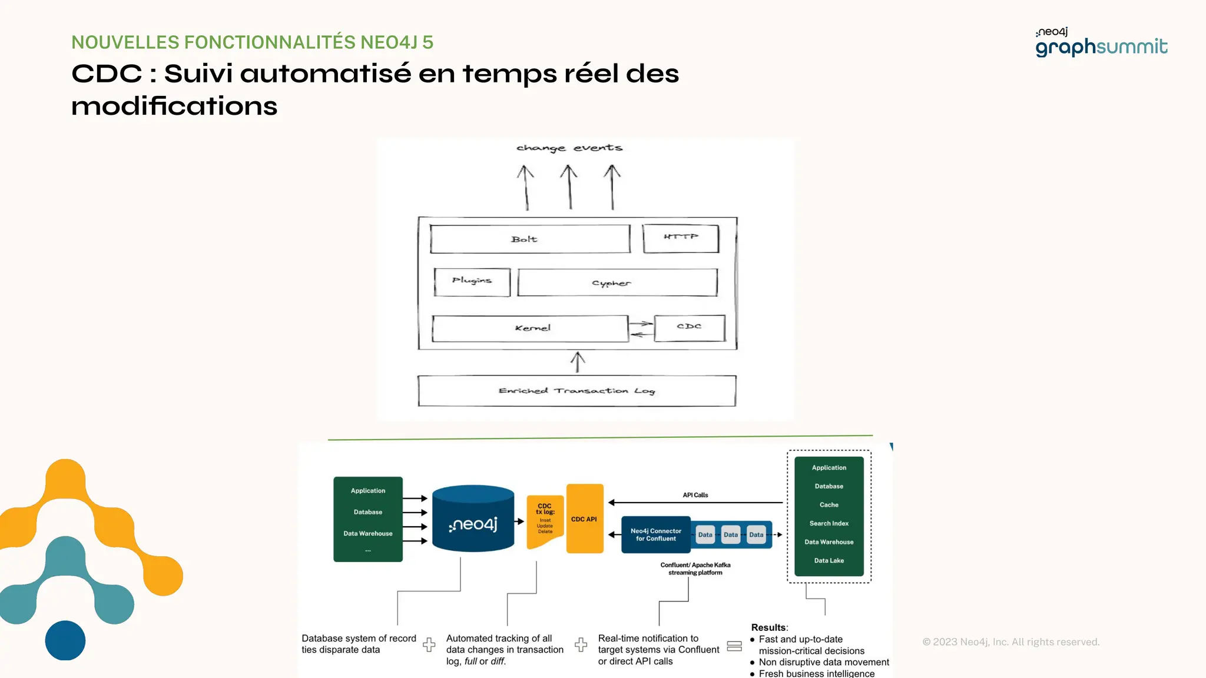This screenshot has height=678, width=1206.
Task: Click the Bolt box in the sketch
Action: [x=529, y=239]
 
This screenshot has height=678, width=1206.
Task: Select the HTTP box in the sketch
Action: [x=681, y=238]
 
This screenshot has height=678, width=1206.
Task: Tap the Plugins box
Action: [x=472, y=282]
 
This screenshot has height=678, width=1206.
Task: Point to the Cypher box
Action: [x=617, y=283]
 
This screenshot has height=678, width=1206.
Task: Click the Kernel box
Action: [x=530, y=328]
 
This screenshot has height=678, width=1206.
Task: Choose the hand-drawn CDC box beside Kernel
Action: [x=689, y=328]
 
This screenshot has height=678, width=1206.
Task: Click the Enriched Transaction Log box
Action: [x=577, y=391]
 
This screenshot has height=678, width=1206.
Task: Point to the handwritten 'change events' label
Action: [x=569, y=148]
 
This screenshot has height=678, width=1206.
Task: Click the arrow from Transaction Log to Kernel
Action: [x=578, y=362]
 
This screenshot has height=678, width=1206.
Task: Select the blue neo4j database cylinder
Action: [x=473, y=519]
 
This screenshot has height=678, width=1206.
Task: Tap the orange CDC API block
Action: [x=584, y=519]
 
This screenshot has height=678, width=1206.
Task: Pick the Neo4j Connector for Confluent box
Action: [x=655, y=534]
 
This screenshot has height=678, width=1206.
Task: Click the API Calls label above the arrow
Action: [x=695, y=495]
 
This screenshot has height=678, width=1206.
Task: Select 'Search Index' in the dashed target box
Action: [x=829, y=523]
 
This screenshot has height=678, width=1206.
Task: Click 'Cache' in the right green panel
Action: [x=829, y=505]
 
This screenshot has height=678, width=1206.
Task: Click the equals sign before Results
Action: [x=734, y=646]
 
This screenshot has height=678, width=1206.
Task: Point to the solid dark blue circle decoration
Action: [x=65, y=640]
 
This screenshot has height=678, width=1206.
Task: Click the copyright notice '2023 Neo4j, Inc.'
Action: [x=1010, y=642]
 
